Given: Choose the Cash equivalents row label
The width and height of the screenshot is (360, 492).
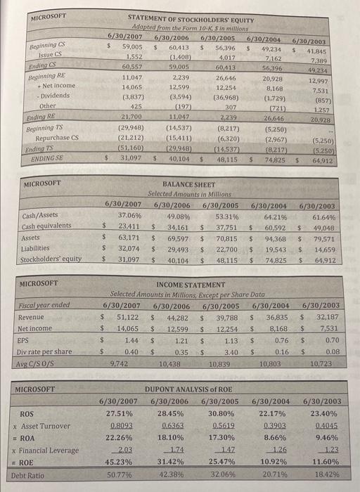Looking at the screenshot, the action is (46, 226).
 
